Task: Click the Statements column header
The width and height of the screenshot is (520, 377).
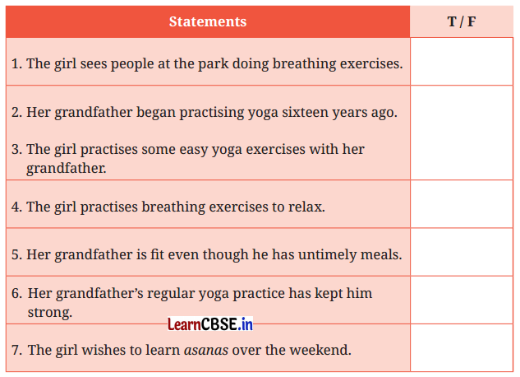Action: (x=207, y=21)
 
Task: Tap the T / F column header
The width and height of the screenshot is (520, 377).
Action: (x=462, y=21)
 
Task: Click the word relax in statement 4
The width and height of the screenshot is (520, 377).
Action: (x=306, y=206)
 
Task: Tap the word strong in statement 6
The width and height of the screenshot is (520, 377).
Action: (x=49, y=312)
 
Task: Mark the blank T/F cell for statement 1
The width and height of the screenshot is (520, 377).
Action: (x=462, y=62)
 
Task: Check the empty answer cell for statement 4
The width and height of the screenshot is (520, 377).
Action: (x=462, y=205)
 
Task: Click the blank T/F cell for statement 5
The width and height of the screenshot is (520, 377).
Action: (x=462, y=253)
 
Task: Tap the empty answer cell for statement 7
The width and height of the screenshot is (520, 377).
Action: (x=462, y=348)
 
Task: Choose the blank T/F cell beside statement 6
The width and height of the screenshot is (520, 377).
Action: (x=462, y=300)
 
